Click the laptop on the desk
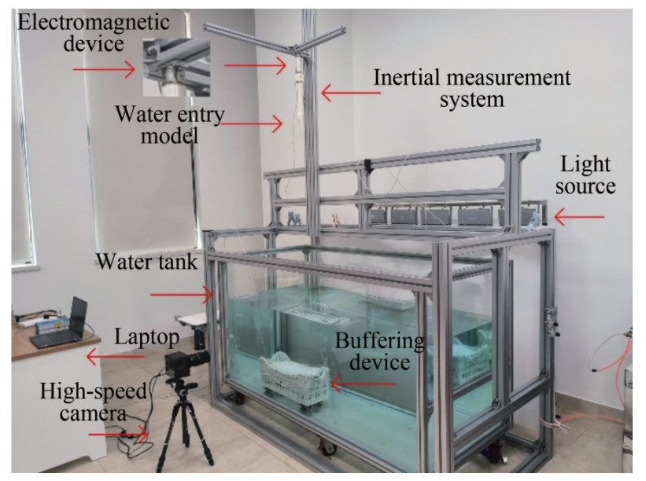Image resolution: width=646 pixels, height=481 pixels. click(x=61, y=325)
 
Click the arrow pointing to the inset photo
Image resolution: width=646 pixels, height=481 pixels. click(x=104, y=69)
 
